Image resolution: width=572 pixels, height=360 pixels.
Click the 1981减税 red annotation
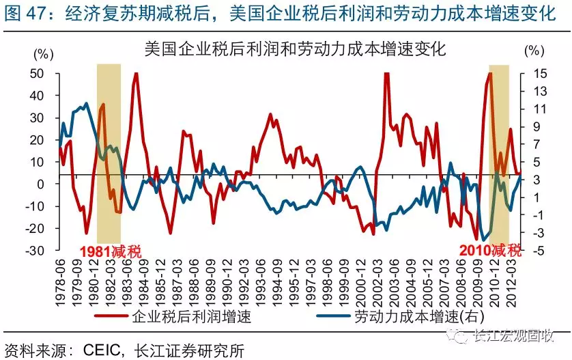coord(111,251)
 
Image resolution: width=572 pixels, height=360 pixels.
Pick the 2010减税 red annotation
coord(491,250)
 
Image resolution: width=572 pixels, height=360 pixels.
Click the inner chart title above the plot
coord(295,49)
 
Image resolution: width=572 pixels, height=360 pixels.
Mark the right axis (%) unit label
coord(535,52)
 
